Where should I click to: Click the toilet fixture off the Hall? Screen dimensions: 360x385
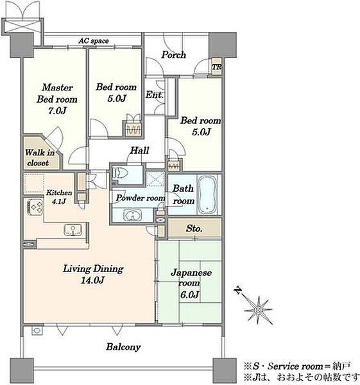coord(121,173)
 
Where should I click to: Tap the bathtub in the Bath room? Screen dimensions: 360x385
coord(208,194)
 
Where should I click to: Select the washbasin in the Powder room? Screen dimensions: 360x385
coord(133,215)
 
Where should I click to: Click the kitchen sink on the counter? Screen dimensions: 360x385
coord(73,230)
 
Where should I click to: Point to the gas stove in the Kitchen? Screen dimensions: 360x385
coord(35,207)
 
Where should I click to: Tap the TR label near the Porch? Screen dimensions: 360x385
coord(217,67)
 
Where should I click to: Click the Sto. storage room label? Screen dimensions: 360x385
coord(194,228)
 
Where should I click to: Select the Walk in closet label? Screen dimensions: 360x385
coord(39,157)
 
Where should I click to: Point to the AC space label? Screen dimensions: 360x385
coord(94,41)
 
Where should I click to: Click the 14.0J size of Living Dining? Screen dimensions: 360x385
coord(93,280)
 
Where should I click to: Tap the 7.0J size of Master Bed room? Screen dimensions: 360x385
coord(57,111)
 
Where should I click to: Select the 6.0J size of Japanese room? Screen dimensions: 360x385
coord(189,294)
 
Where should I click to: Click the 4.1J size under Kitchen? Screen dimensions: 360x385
coord(58,201)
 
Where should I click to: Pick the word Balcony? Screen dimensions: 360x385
coord(123,346)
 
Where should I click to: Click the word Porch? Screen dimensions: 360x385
coord(174,55)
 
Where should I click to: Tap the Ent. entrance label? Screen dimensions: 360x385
coord(154,94)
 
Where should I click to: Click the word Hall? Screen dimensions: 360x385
coord(139,150)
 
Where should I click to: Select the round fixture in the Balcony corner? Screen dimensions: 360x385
coord(37,330)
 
